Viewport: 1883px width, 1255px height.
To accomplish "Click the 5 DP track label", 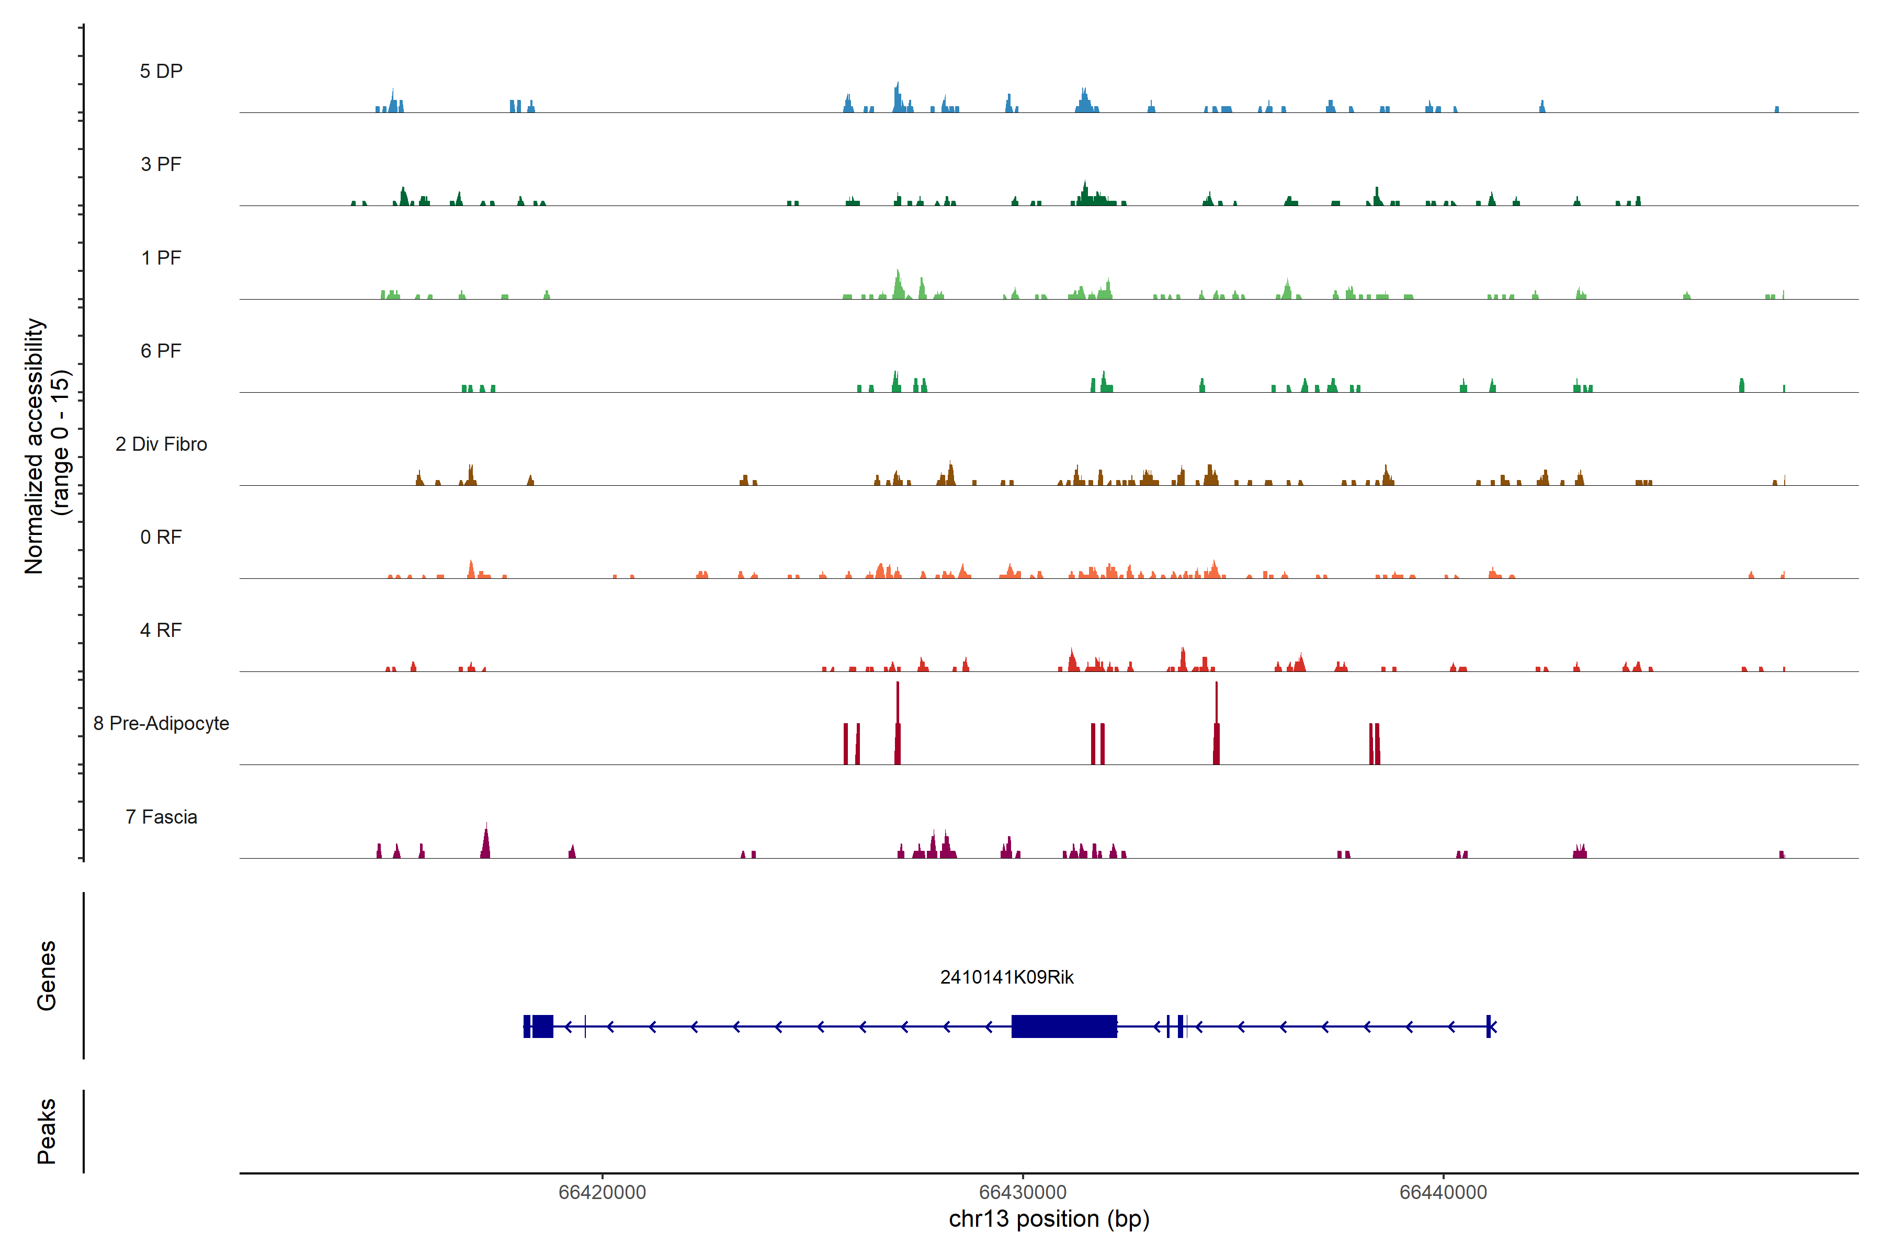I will pos(161,71).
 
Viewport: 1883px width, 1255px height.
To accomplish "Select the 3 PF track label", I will pos(161,164).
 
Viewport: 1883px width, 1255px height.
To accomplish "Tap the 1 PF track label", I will pos(161,258).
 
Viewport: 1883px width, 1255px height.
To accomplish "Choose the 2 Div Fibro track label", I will pos(161,444).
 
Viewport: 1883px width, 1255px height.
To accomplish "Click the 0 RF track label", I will pos(161,537).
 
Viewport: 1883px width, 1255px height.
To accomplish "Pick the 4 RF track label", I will pos(161,630).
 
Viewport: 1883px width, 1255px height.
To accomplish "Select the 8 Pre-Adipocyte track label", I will pos(161,724).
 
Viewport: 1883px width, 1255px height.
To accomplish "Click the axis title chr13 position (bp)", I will pos(1049,1219).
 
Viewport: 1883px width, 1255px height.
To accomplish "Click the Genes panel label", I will pos(47,976).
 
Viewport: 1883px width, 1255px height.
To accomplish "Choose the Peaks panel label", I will pos(47,1131).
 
